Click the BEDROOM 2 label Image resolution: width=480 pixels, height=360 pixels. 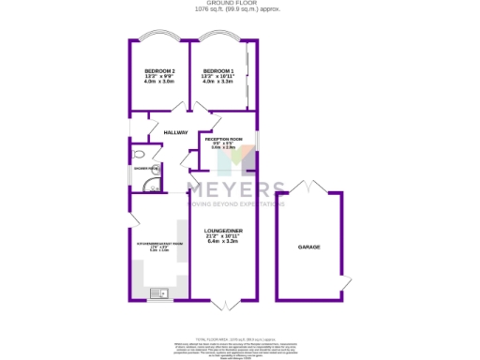159,71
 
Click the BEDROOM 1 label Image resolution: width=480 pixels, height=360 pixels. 217,71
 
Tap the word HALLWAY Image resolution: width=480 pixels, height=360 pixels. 176,132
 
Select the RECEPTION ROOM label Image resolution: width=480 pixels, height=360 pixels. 223,138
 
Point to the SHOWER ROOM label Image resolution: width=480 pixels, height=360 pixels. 146,169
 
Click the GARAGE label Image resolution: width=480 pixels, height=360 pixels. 309,247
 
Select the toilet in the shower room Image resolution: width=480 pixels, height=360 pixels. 138,156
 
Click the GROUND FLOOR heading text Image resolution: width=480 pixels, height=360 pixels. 240,5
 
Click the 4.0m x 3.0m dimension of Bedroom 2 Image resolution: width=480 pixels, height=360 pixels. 159,82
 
